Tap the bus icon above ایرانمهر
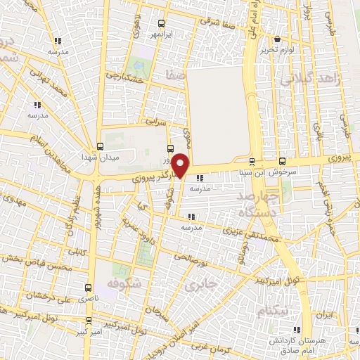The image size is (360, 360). tap(162, 23)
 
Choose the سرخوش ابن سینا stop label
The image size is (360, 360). tap(282, 171)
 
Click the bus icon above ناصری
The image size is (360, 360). tap(88, 288)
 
